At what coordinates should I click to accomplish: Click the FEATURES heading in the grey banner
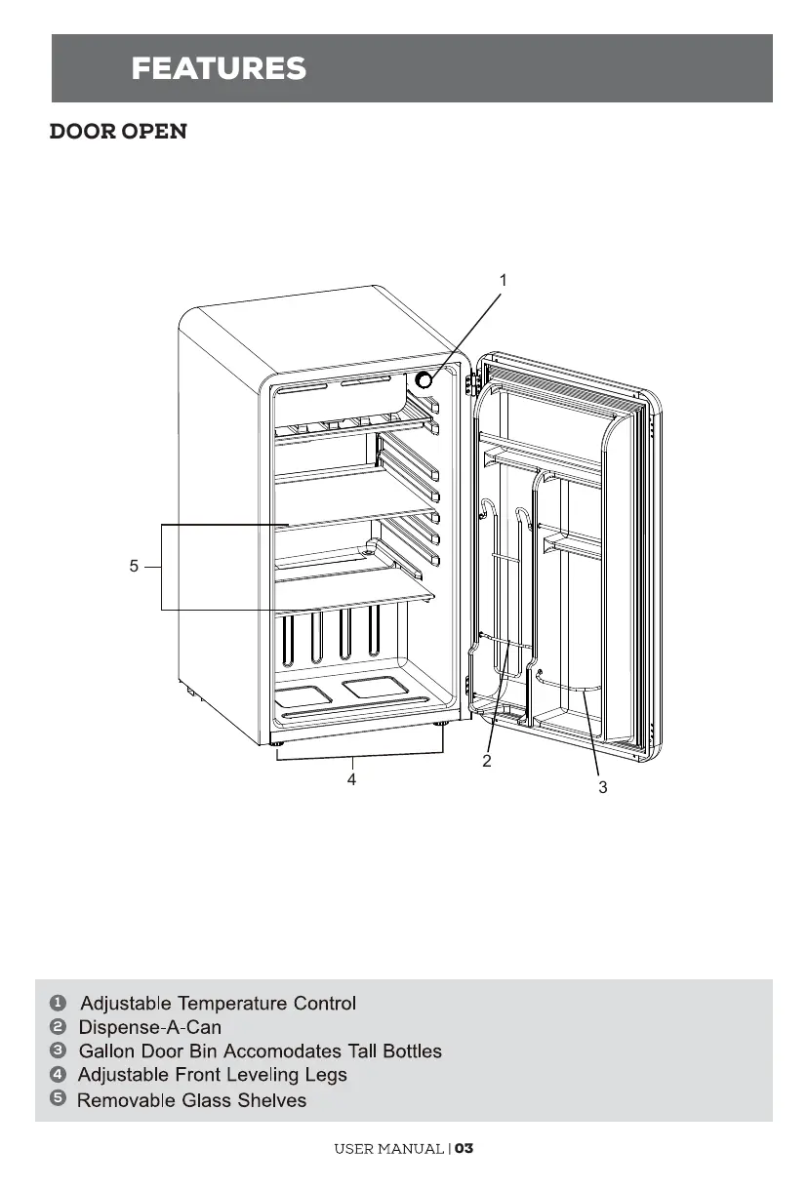(x=219, y=68)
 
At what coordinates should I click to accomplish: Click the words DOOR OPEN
(x=118, y=132)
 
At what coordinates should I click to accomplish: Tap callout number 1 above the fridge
(x=503, y=280)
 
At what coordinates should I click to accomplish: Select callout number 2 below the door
(x=486, y=761)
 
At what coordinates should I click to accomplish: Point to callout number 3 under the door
(x=602, y=786)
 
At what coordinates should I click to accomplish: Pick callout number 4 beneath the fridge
(x=351, y=779)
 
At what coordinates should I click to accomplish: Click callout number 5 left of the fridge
(x=134, y=565)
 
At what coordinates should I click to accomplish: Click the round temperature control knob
(x=425, y=380)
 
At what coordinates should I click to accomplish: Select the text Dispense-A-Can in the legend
(x=149, y=1027)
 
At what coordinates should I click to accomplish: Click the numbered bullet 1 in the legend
(x=59, y=1003)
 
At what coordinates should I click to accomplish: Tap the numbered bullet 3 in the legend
(x=59, y=1050)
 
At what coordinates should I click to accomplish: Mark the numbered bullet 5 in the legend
(x=59, y=1098)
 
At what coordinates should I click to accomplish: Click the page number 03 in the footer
(x=464, y=1148)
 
